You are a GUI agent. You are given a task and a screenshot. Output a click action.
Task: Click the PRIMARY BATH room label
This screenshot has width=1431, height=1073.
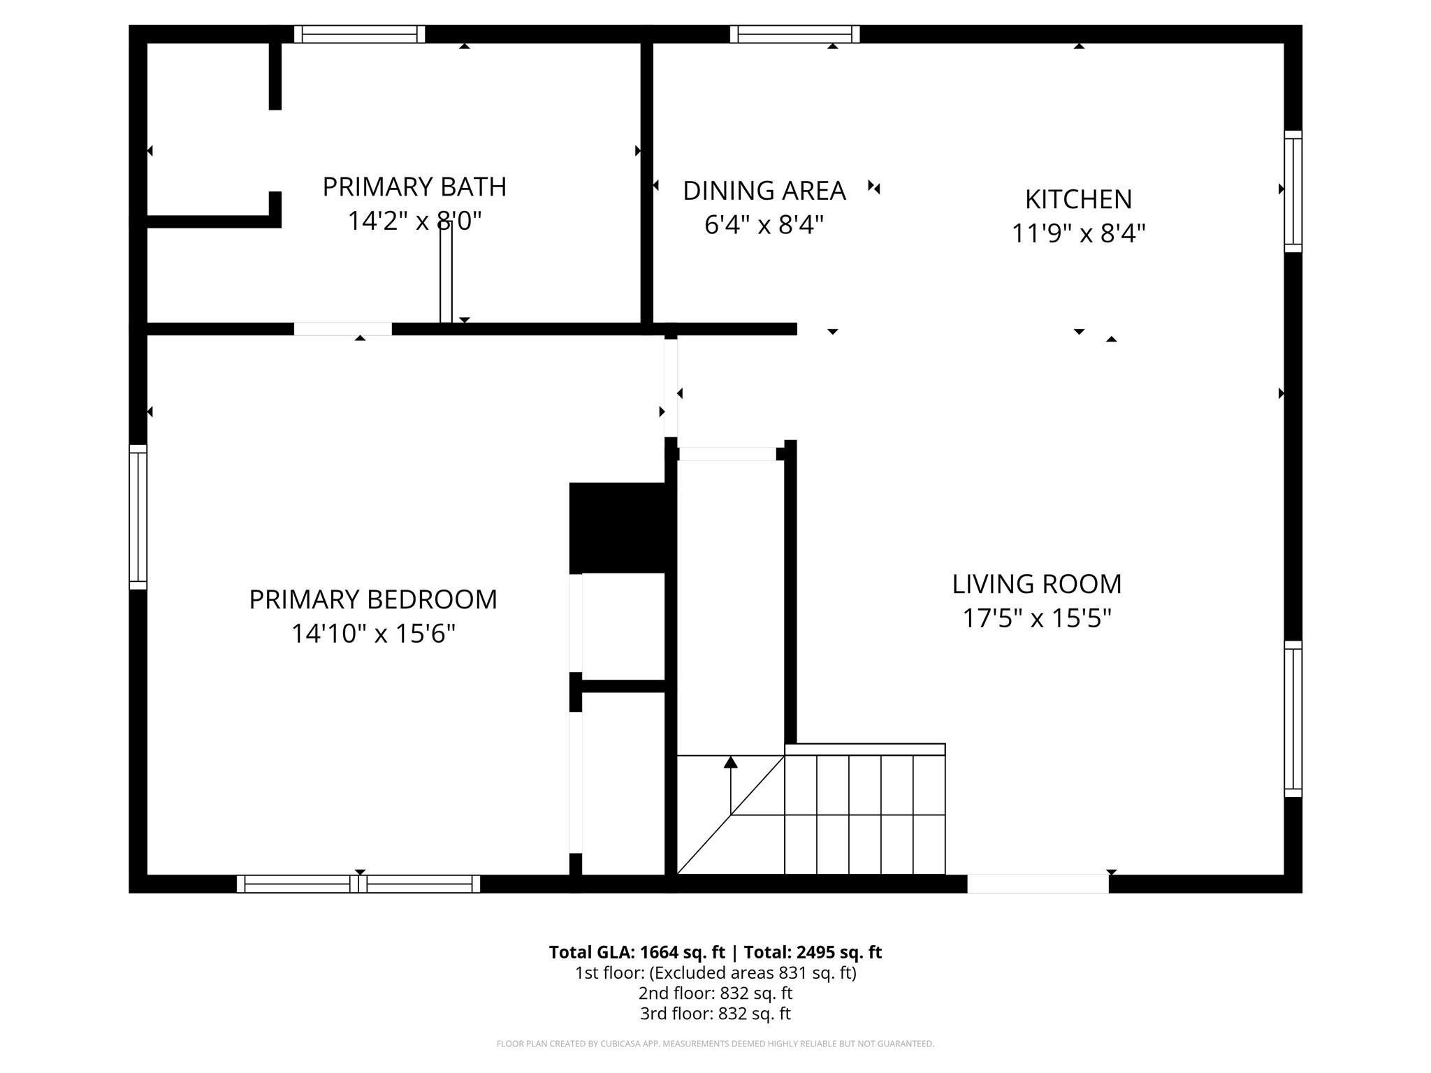(x=414, y=187)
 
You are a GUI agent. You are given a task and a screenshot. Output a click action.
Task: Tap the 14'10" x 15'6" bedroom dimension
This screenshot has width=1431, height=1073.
(x=373, y=634)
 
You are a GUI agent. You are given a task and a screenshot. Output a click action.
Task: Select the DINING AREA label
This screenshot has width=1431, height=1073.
(x=764, y=191)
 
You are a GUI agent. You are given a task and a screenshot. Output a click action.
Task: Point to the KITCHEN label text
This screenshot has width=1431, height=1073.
(x=1078, y=200)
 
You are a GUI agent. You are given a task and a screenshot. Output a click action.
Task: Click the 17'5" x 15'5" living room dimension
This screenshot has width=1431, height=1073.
(x=1036, y=618)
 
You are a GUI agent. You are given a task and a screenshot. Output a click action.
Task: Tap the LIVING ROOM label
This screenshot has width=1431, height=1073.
(x=1036, y=584)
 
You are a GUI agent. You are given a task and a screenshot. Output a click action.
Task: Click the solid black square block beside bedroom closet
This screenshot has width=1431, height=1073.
(x=618, y=527)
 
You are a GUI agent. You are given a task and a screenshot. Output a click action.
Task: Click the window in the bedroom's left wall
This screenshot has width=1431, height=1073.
(x=138, y=517)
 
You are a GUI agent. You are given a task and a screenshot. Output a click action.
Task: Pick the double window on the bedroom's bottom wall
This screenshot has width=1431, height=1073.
(x=358, y=884)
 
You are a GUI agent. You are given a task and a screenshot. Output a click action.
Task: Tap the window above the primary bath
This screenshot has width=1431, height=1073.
(x=359, y=34)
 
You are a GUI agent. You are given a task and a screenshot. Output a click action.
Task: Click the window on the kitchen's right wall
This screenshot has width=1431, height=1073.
(x=1293, y=191)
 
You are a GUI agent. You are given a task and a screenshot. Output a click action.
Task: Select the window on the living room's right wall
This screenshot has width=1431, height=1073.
(x=1293, y=719)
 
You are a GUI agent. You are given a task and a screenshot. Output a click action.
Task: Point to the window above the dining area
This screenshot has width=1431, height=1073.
(x=794, y=34)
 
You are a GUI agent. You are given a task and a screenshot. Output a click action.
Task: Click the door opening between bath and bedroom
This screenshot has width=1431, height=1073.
(x=342, y=329)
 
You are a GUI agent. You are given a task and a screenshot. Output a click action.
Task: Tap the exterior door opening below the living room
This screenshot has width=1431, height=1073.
(x=1038, y=884)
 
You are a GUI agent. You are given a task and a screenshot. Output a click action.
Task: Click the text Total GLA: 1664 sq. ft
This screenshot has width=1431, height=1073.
(x=637, y=952)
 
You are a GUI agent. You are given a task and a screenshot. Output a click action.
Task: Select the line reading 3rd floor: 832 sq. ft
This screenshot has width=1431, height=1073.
(x=715, y=1013)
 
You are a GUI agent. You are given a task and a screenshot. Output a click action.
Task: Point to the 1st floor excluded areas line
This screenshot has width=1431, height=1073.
(x=715, y=972)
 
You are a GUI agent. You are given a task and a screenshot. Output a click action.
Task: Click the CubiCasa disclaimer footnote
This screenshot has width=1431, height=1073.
(x=715, y=1044)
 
